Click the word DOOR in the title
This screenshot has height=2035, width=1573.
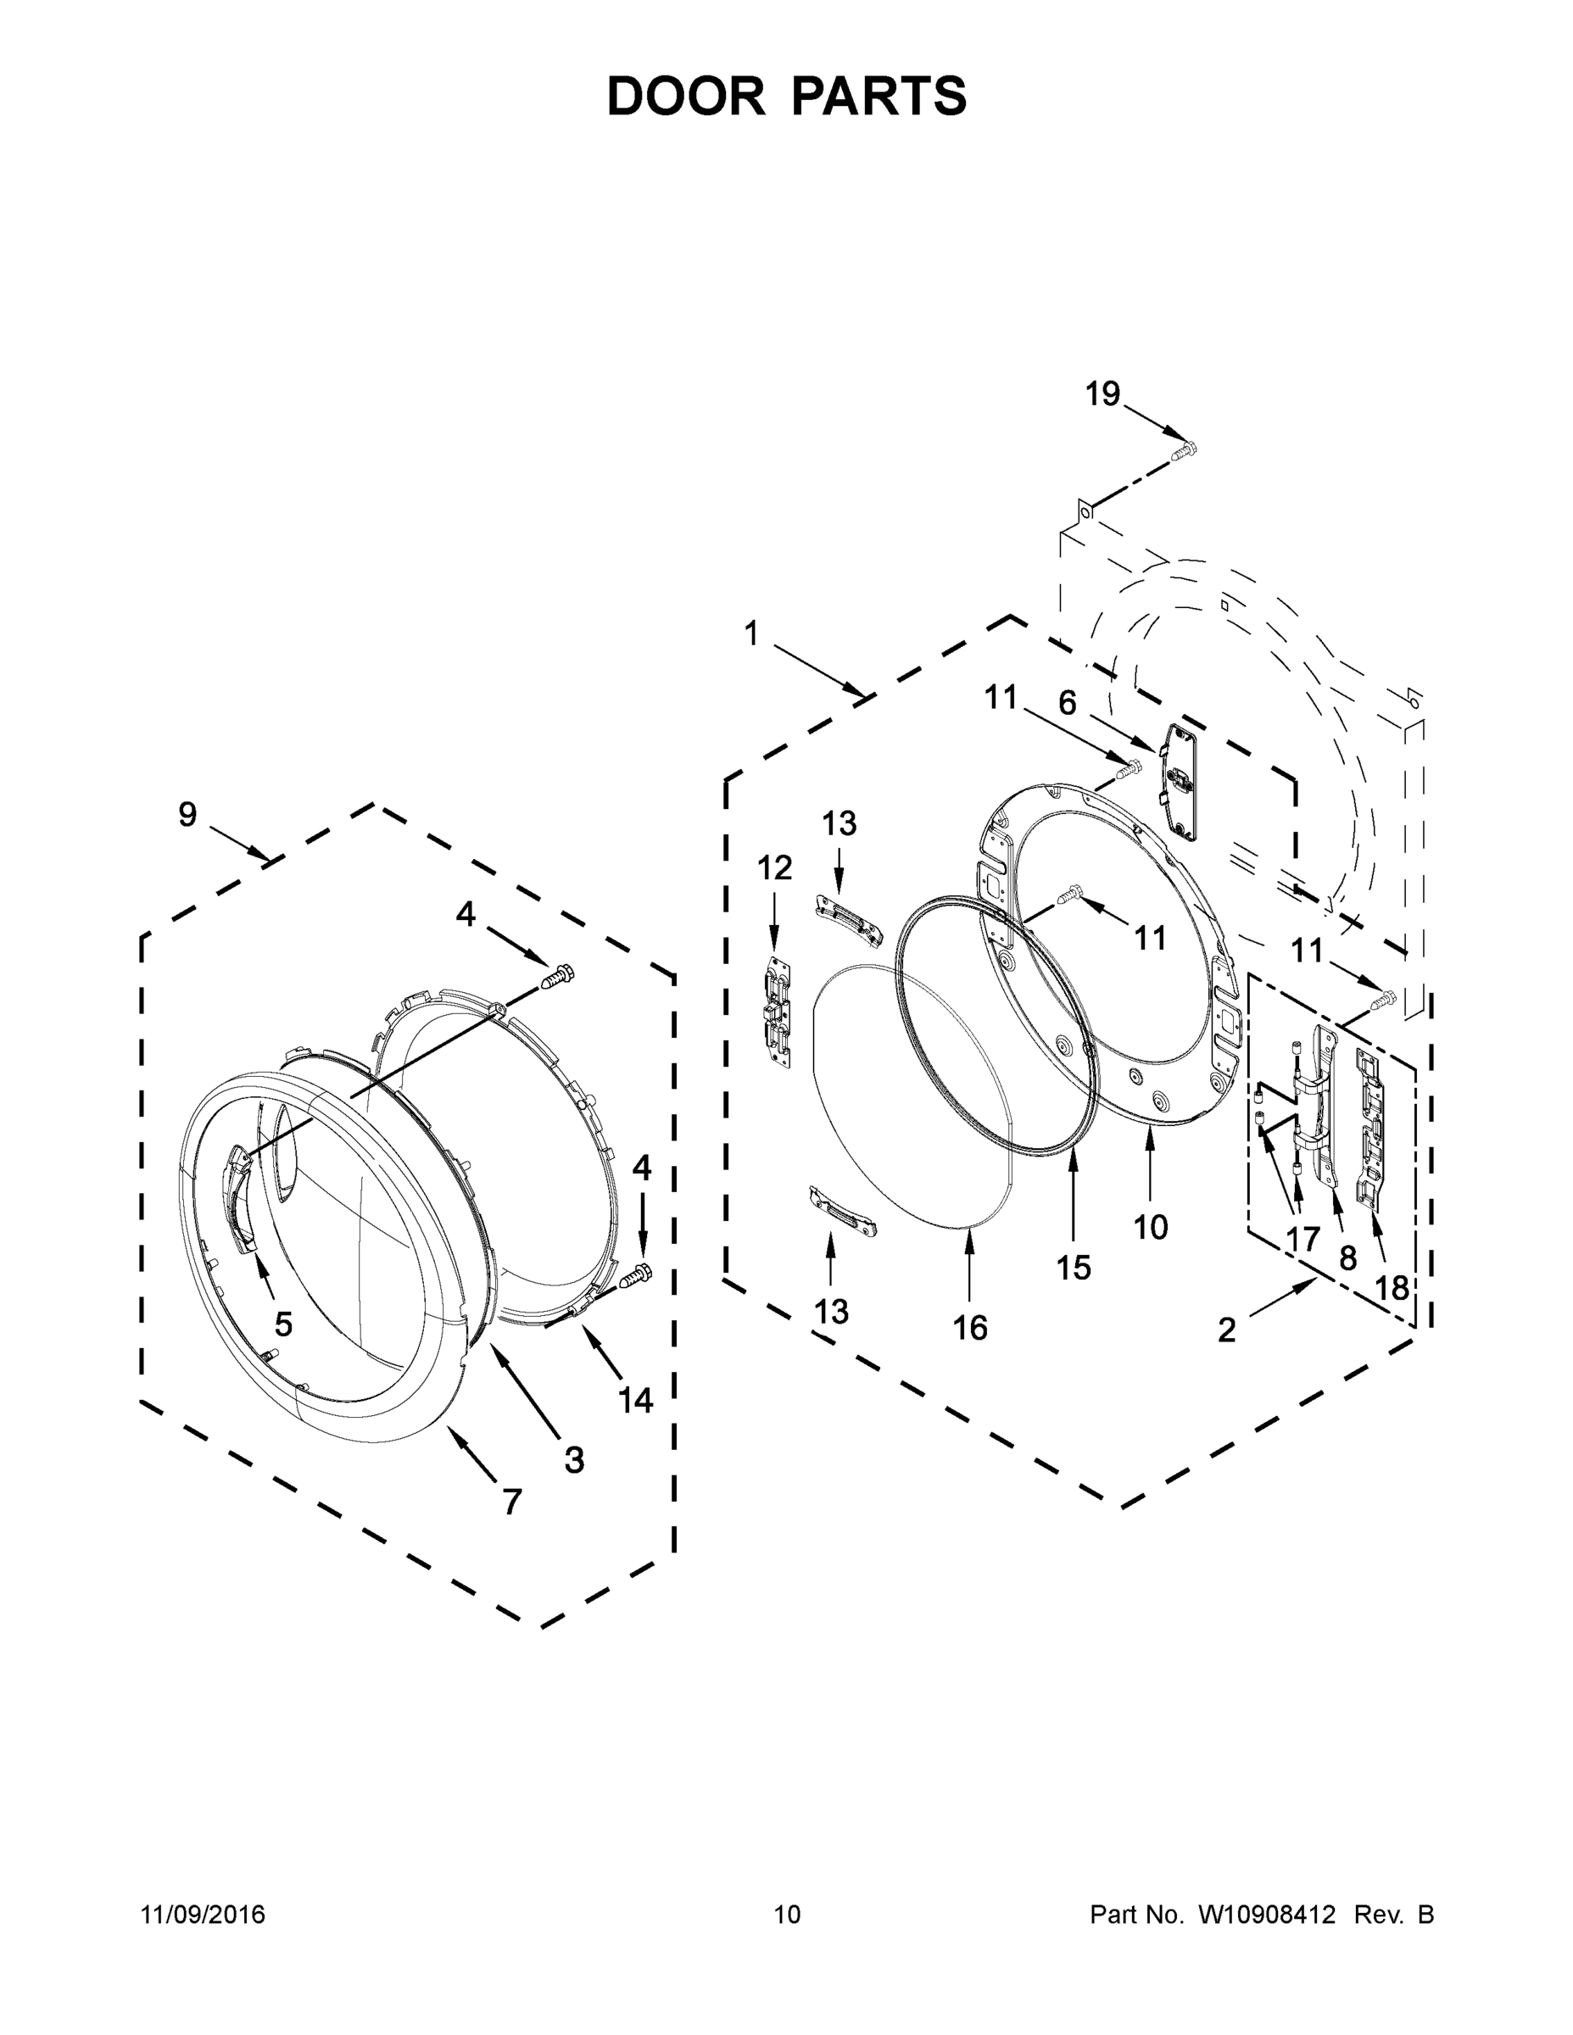686,96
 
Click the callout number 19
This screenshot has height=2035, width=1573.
1102,394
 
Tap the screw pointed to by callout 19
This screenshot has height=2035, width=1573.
1183,452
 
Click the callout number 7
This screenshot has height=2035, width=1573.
511,1501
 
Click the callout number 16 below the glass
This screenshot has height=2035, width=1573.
969,1327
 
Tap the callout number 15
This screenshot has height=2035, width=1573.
1074,1268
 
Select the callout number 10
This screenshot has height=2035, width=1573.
1151,1227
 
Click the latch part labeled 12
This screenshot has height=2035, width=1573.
778,1011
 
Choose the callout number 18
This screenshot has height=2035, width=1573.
1392,1288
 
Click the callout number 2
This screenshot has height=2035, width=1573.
1226,1330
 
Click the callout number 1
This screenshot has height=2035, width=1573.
751,633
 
